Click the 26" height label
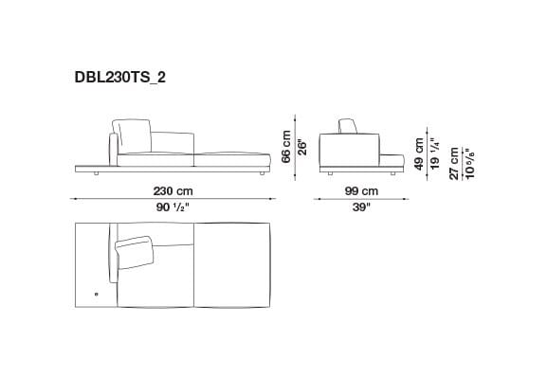coord(302,148)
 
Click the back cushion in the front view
coord(133,135)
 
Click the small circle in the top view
coord(97,294)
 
